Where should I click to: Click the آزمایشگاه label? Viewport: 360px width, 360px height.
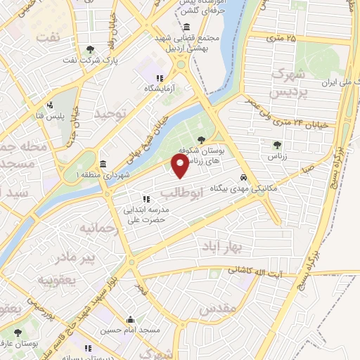[158, 88]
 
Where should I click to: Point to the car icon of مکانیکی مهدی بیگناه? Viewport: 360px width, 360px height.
[243, 178]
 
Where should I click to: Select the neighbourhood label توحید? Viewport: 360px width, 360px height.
[112, 113]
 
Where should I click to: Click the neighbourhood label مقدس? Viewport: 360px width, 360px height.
[216, 309]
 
